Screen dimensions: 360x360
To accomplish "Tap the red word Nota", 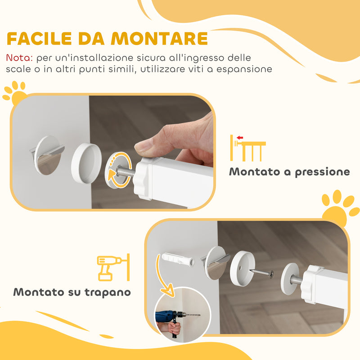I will [x=19, y=58].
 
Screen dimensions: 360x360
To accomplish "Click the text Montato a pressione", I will [x=289, y=172].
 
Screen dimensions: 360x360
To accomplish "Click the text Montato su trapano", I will [x=72, y=292].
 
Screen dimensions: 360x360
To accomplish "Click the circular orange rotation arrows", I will [x=121, y=169].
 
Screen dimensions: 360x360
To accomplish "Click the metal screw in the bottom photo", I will [x=262, y=273].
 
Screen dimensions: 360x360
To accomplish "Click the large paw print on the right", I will [x=340, y=207].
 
